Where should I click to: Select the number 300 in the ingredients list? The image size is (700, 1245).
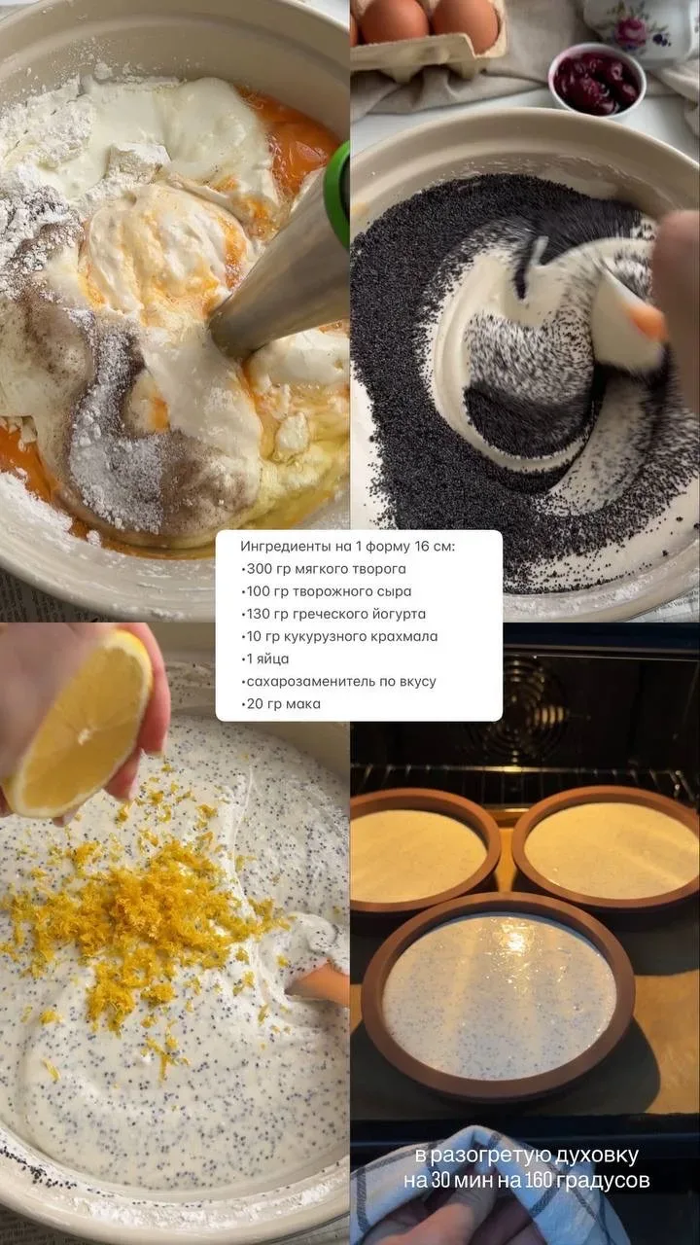(259, 569)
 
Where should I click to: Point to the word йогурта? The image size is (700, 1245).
(398, 614)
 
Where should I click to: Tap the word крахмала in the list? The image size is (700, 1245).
(409, 636)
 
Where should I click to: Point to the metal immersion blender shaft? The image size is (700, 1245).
(278, 278)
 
